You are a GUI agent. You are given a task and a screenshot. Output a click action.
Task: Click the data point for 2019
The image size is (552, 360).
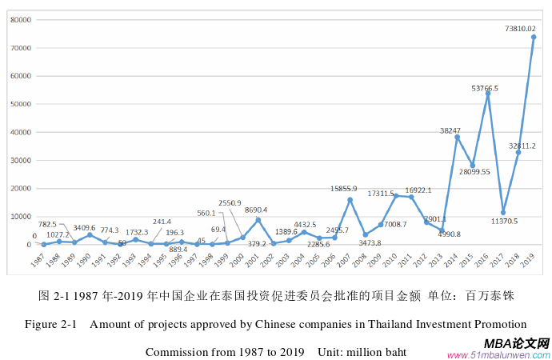tap(534, 37)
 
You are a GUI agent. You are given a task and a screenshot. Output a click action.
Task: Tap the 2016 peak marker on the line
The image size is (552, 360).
tap(488, 93)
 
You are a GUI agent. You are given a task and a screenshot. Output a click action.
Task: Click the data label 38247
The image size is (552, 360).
tap(451, 130)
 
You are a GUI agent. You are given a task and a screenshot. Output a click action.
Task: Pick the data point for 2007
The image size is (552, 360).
tap(350, 199)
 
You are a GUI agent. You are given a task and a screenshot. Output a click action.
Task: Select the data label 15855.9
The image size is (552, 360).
tap(349, 189)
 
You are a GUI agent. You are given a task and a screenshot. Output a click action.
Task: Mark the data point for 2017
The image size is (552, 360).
tap(503, 213)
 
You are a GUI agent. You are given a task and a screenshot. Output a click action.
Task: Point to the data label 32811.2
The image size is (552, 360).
tap(521, 146)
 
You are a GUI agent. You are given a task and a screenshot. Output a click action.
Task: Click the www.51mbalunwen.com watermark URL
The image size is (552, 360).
tap(498, 354)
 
